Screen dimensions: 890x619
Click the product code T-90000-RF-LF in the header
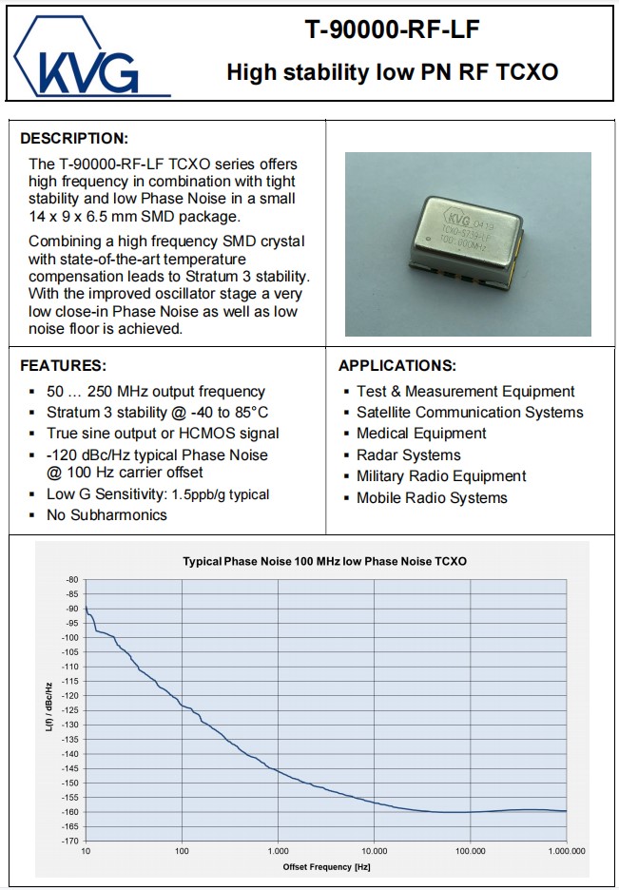tap(392, 30)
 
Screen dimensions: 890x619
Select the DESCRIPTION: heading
tap(74, 138)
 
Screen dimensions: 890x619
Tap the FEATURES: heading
tap(64, 365)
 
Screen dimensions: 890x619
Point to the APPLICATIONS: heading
tap(397, 365)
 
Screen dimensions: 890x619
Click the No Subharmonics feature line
tap(106, 514)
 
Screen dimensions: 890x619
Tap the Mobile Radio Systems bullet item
tap(432, 497)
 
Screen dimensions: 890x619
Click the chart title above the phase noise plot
tap(324, 561)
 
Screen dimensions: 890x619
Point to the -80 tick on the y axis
tap(71, 579)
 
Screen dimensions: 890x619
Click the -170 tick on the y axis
tap(69, 841)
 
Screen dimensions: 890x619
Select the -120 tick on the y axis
tap(69, 695)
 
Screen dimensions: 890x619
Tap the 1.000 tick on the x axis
tap(278, 851)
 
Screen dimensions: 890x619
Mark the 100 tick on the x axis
tap(182, 851)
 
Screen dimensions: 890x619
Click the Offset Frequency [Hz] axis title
tap(326, 866)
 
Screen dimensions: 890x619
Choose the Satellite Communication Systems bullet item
tap(470, 412)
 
